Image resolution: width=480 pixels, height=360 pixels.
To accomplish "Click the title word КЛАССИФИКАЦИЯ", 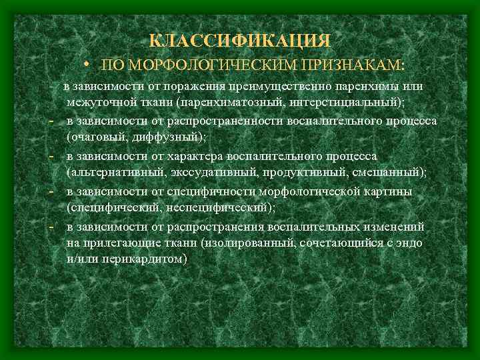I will pos(239,41).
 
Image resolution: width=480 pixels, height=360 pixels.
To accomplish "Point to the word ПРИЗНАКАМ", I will pos(351,65).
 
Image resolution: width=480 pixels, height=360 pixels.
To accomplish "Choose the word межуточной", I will pos(99,101).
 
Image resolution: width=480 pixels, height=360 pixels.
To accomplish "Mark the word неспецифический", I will pos(217,207).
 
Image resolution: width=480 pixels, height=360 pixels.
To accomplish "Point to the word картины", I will pos(390,192).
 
